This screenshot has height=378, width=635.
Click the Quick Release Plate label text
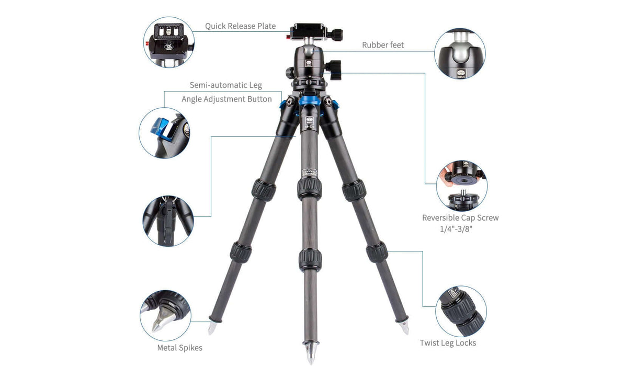(240, 26)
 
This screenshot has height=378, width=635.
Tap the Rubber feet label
(383, 45)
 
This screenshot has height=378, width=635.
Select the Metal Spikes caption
(179, 348)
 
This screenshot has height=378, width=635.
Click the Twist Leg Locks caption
(448, 343)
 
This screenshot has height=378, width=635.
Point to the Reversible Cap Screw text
(460, 217)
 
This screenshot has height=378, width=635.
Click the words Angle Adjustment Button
(226, 99)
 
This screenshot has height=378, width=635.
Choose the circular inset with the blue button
(164, 133)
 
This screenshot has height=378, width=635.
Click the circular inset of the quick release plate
(168, 42)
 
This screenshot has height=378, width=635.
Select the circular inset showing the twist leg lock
(460, 311)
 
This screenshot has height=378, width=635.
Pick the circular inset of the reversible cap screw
(461, 186)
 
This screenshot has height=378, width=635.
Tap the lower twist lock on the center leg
(310, 259)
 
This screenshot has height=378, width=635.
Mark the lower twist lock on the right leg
(377, 251)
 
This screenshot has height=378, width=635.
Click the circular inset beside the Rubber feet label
(460, 54)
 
